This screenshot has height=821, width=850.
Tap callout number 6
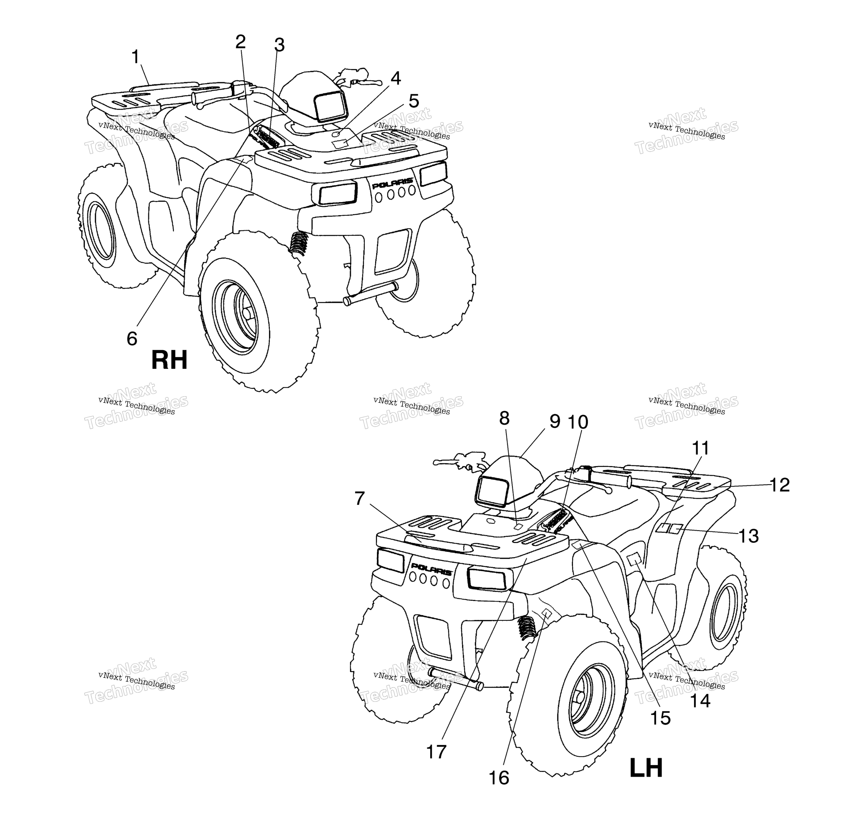pos(132,338)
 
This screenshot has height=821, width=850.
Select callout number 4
pos(396,79)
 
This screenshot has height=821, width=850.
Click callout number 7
pos(360,499)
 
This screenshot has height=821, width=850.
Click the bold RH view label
pos(169,360)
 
